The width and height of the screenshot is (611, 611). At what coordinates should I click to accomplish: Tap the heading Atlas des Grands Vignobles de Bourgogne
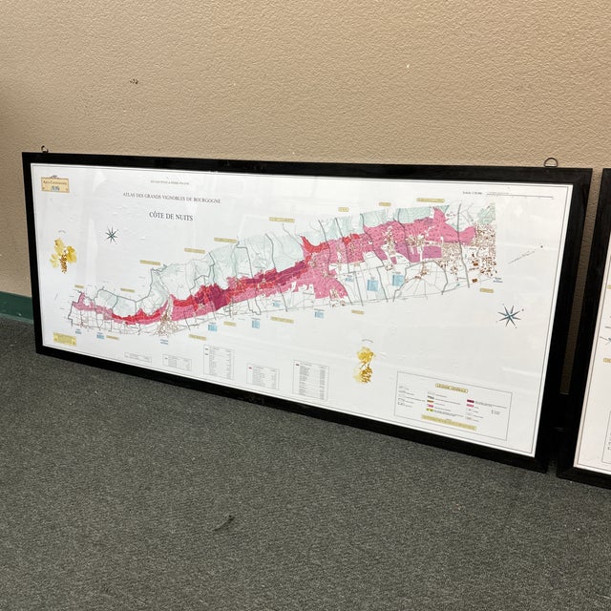(171, 196)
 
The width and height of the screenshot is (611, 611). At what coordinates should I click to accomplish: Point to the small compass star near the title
(112, 234)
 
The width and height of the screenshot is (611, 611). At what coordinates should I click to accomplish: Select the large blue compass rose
(509, 315)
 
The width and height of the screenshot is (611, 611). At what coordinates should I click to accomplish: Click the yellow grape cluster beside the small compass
(63, 254)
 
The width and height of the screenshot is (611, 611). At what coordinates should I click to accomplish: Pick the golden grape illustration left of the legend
(365, 364)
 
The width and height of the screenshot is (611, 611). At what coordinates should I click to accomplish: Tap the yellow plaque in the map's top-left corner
(54, 183)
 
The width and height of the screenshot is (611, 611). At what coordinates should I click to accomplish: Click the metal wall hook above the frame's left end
(43, 149)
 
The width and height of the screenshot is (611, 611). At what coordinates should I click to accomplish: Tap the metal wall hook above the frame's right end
(551, 162)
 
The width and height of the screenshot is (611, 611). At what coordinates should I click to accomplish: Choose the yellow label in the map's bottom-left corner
(65, 338)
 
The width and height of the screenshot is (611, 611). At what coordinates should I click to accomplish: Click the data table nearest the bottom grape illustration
(310, 380)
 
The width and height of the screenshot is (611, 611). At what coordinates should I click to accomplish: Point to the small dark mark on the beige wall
(134, 81)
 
